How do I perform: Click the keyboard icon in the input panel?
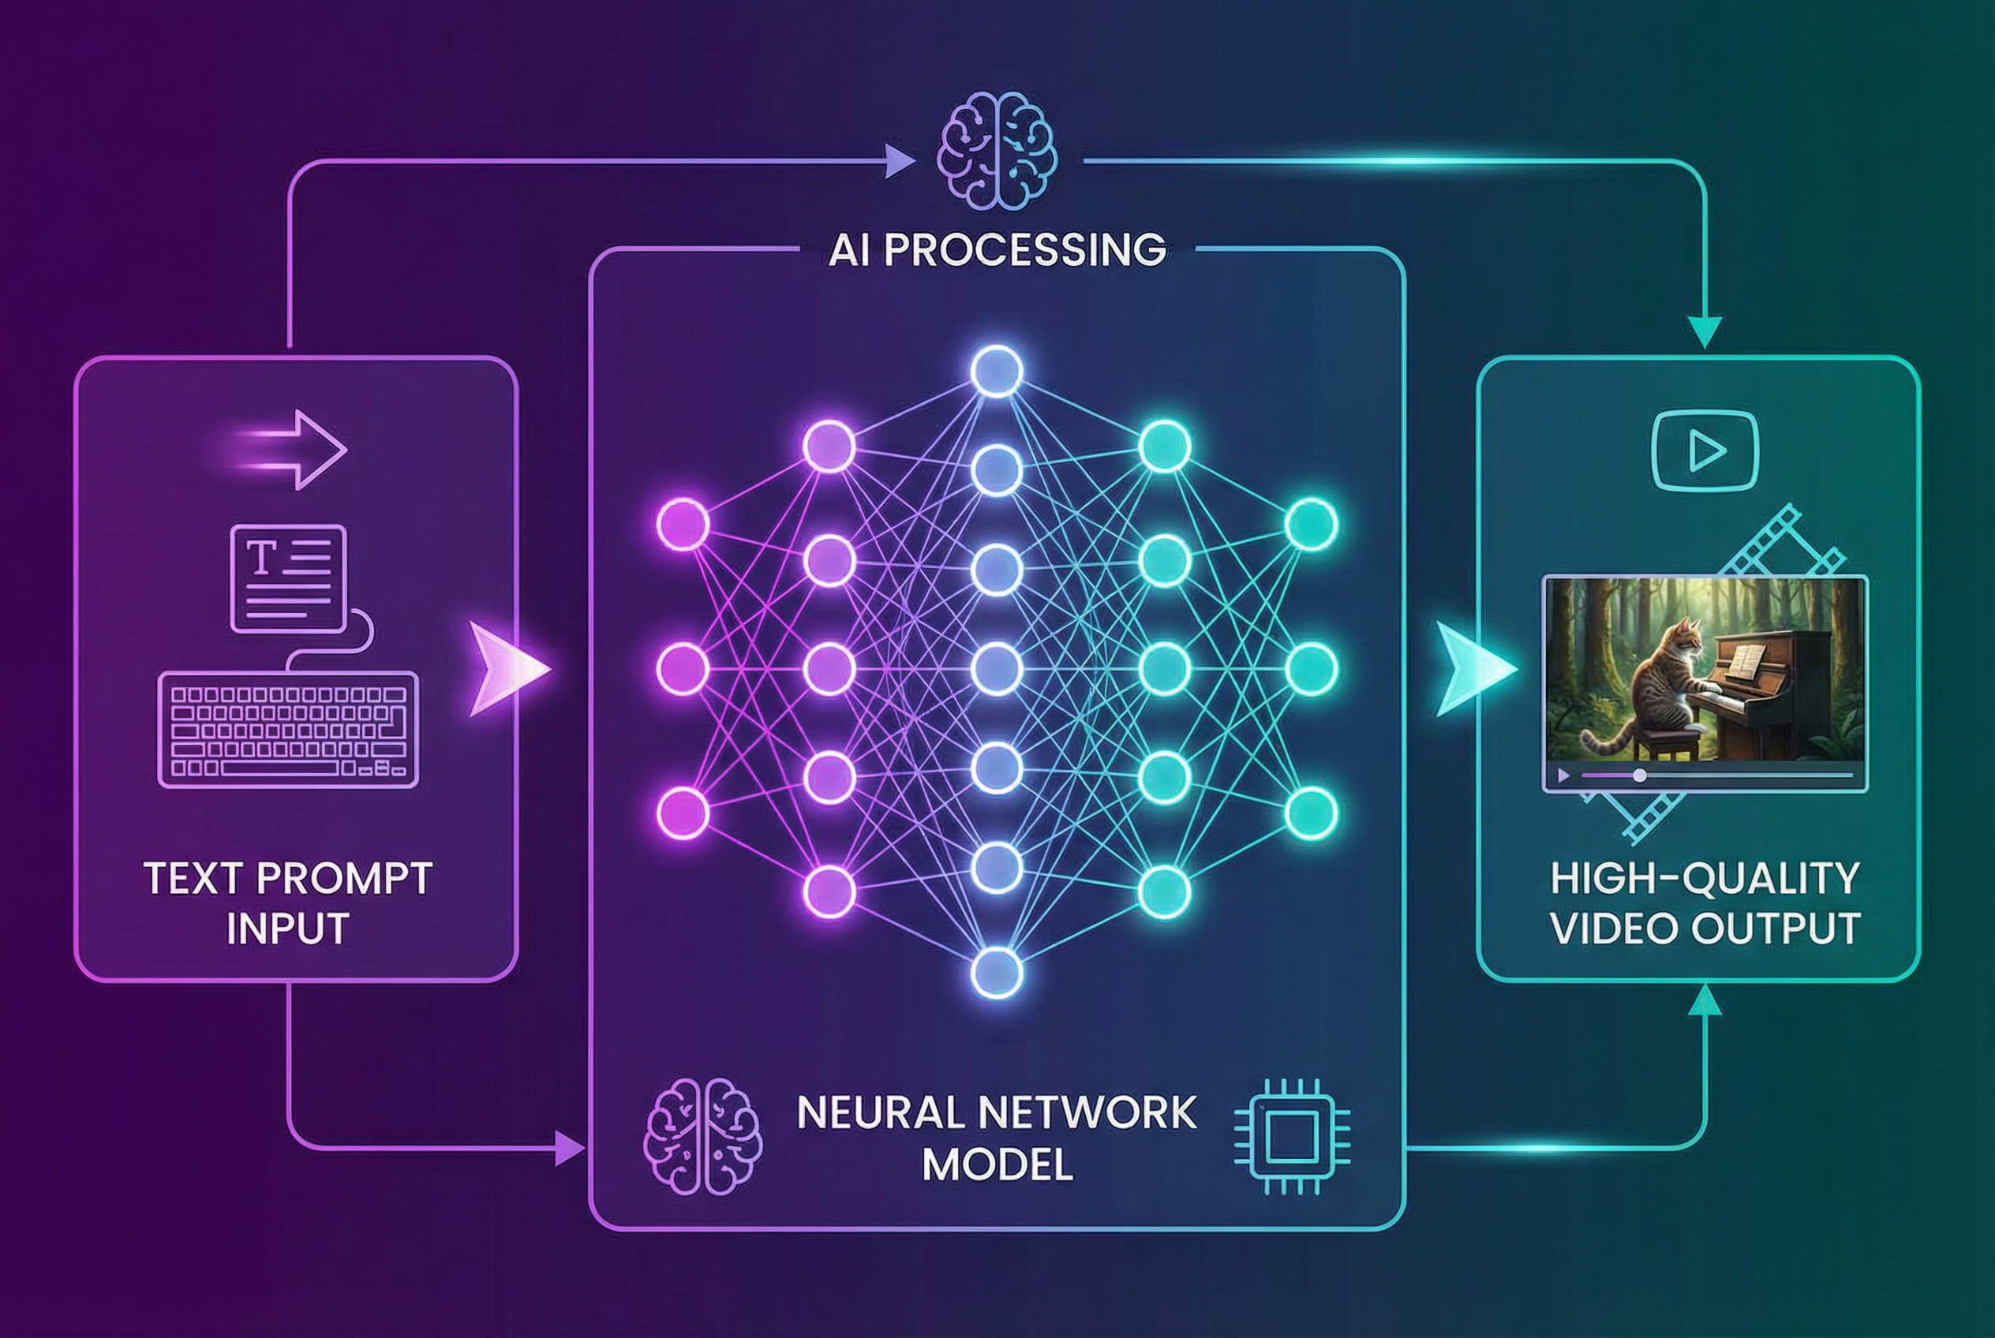point(289,729)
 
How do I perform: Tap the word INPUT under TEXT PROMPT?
point(288,929)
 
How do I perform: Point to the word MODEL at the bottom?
point(997,1164)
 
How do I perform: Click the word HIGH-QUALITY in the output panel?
point(1705,880)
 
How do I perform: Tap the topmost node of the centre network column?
point(997,372)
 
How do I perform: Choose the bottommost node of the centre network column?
point(997,972)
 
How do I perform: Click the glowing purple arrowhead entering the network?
point(505,668)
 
